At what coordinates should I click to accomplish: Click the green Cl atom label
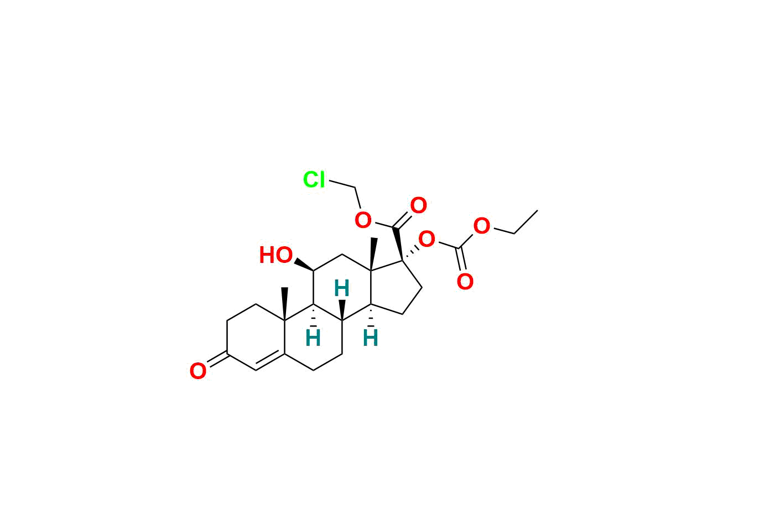314,180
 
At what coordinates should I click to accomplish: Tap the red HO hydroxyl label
275,256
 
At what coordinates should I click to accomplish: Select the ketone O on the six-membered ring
197,371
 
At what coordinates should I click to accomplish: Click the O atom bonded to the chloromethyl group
363,220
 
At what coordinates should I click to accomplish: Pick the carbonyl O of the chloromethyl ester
418,206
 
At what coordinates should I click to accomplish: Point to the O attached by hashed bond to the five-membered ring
427,240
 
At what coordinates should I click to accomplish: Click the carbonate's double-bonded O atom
465,282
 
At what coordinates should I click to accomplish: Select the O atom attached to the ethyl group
482,226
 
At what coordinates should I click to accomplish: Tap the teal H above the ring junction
342,288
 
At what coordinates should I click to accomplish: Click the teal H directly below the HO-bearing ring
313,338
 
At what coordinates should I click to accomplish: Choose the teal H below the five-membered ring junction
371,338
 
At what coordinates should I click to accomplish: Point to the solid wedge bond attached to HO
303,265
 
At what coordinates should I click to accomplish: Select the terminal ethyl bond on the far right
526,221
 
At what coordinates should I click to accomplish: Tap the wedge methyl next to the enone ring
285,303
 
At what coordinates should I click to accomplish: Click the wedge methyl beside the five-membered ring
373,254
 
